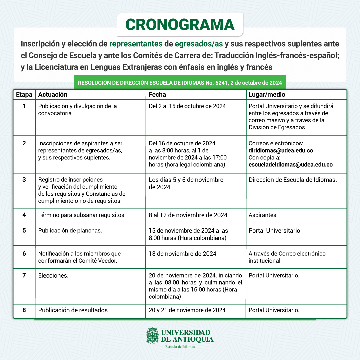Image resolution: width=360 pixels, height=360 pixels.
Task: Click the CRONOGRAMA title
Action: tap(180, 25)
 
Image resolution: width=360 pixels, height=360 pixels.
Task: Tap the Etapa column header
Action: tap(24, 95)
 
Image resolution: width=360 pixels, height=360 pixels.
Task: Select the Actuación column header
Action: tap(53, 95)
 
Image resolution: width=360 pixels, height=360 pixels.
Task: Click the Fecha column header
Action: tap(157, 95)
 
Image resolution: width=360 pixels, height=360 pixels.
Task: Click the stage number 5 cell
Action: tap(24, 231)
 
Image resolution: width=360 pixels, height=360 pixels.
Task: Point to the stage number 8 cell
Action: tap(24, 310)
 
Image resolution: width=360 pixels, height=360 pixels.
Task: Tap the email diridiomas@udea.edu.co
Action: tap(281, 150)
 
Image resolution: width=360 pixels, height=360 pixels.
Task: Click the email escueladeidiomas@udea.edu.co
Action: tap(291, 164)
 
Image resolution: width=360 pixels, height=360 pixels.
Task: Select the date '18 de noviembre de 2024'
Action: tap(182, 254)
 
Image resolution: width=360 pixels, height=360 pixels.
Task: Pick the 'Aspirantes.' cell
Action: tap(263, 215)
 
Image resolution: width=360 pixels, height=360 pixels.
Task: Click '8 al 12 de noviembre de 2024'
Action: tap(188, 215)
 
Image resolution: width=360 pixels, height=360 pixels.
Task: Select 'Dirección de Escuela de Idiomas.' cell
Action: tap(293, 180)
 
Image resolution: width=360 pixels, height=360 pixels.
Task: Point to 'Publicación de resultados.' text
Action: tap(73, 310)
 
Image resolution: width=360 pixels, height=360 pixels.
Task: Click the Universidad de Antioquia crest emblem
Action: tap(152, 336)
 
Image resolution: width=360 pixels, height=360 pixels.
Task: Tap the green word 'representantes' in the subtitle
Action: tap(136, 44)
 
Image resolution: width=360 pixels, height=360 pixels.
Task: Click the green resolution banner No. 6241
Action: tap(180, 83)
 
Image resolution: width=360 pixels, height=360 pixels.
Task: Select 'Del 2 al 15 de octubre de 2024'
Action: tap(187, 106)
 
